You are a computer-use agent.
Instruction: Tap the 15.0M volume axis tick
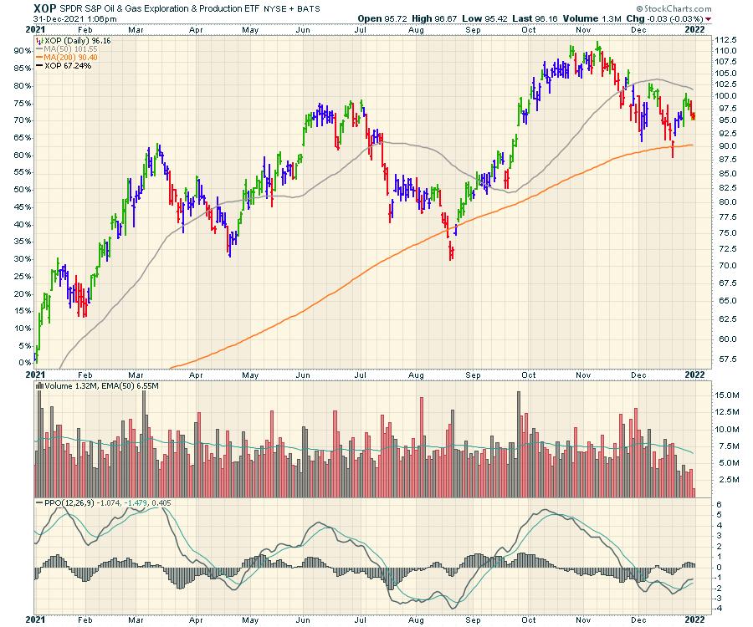click(724, 395)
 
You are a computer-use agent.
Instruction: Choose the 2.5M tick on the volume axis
click(723, 481)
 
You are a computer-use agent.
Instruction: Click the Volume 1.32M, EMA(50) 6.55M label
click(97, 386)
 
